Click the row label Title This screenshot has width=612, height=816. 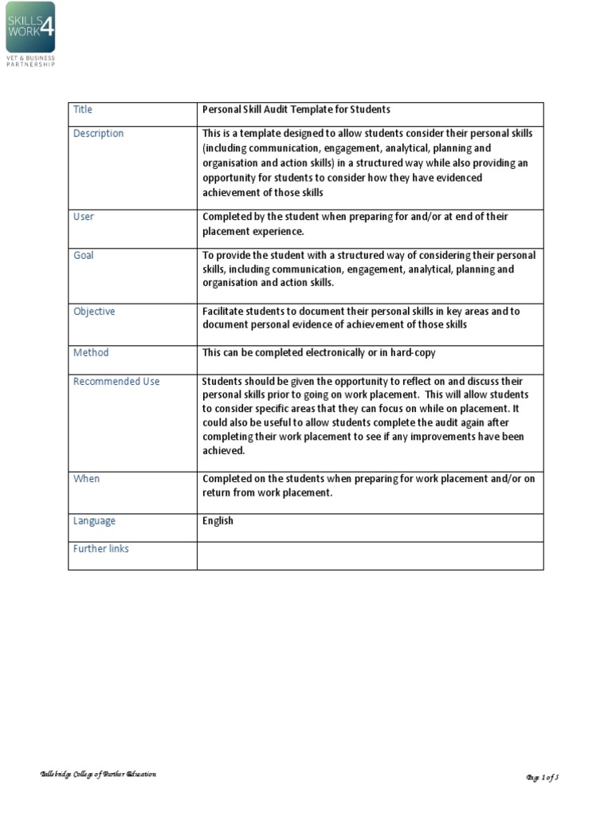(83, 109)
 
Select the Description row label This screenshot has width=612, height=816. (99, 134)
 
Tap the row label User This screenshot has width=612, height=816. (84, 217)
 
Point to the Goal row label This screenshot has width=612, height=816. (84, 255)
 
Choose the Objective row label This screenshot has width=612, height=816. (94, 312)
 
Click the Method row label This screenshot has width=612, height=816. (91, 352)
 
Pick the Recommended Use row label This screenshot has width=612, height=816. (116, 382)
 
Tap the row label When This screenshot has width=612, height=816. (86, 479)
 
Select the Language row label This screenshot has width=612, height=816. (94, 521)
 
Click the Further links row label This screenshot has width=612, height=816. (101, 549)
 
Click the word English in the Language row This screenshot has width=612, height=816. (218, 521)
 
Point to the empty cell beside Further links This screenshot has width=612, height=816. (370, 555)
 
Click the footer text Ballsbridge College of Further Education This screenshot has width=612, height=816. (99, 775)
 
